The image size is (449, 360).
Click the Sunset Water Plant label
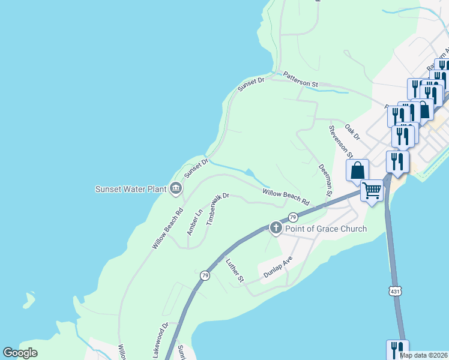point(130,189)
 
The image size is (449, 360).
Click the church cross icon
point(276,227)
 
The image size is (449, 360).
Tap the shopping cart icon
point(372,191)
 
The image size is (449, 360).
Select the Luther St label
point(235,271)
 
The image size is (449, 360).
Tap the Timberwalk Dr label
point(218,208)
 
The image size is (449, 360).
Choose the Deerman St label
point(325,181)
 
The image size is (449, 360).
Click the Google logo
point(20,353)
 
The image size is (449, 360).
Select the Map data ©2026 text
point(423,355)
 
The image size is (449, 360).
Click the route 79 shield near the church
point(292,217)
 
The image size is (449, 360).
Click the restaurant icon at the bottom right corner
point(397,350)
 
